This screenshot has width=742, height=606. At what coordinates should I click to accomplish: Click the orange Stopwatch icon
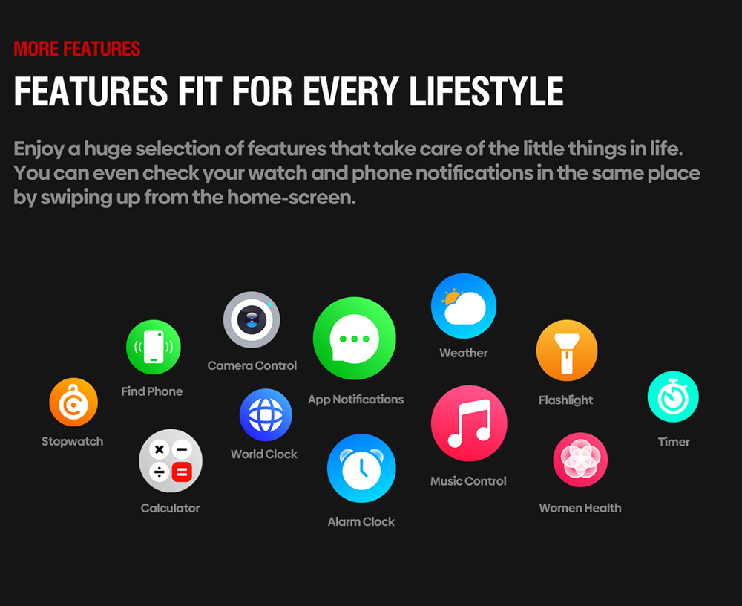coord(73,402)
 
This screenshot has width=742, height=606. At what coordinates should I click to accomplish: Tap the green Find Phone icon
coord(154,347)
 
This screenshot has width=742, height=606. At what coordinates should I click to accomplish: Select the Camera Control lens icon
coord(252,319)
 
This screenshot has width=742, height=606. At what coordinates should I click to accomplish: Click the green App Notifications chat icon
coord(355,339)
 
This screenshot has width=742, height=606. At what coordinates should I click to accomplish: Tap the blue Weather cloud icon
coord(464,306)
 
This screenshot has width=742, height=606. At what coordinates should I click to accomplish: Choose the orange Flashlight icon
coord(567,351)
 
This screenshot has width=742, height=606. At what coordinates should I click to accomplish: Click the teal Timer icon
coord(673,397)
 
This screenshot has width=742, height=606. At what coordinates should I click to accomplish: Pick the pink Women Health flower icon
coord(580,460)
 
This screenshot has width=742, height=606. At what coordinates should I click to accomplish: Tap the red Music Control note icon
coord(469,423)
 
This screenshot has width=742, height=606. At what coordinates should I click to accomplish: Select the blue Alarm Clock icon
coord(361,468)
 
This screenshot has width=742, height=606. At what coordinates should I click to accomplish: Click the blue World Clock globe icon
coord(266,415)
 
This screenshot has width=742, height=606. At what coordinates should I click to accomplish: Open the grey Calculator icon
coord(171,461)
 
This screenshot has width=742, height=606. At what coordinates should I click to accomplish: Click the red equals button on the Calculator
coord(183,472)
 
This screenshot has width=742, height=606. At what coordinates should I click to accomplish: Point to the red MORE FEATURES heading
coord(76,49)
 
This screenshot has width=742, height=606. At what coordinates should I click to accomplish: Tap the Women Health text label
coord(580,508)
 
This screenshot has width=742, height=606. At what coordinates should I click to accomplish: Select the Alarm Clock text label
coord(361,521)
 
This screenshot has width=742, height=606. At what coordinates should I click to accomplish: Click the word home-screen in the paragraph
coord(291,198)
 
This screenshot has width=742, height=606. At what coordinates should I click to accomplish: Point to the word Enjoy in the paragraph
coord(39,150)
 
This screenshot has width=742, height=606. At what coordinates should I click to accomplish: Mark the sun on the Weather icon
coord(451,298)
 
